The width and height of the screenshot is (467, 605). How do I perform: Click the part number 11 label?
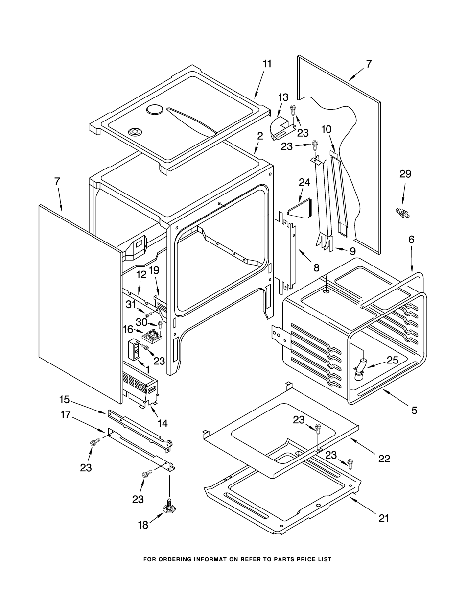pyautogui.click(x=267, y=64)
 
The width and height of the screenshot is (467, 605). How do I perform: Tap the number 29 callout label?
pyautogui.click(x=405, y=174)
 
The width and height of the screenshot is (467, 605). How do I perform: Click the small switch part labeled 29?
pyautogui.click(x=403, y=213)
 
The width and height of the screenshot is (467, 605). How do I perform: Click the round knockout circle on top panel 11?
pyautogui.click(x=154, y=109)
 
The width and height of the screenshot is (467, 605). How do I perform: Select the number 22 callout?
pyautogui.click(x=384, y=459)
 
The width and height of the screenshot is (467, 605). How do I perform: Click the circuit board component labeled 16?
pyautogui.click(x=152, y=335)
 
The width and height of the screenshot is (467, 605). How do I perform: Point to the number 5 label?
pyautogui.click(x=415, y=410)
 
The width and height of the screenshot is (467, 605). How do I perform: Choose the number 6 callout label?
pyautogui.click(x=411, y=239)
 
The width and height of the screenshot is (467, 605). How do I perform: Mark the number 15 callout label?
pyautogui.click(x=64, y=400)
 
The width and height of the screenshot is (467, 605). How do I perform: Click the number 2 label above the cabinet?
pyautogui.click(x=260, y=136)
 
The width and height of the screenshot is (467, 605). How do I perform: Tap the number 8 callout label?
pyautogui.click(x=317, y=267)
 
